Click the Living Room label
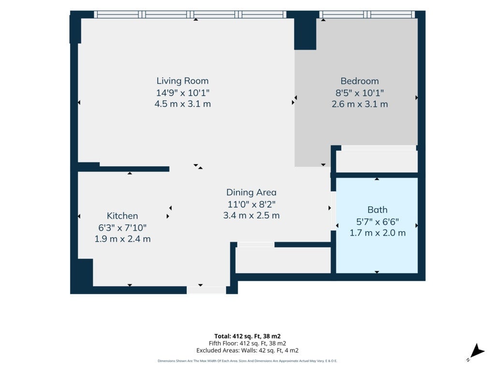pos(182,81)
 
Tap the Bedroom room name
pos(360,81)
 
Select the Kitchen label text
pos(122,216)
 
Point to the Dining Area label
pos(251,192)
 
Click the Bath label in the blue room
pos(377,210)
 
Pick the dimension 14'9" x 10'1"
pos(183,93)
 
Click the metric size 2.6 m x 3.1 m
pos(360,104)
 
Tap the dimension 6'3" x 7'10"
pos(122,228)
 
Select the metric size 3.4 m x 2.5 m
pos(251,215)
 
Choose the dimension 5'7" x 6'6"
pos(377,222)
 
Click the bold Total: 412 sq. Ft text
pos(247,336)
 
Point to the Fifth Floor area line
pos(247,343)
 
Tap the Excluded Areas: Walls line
pos(247,351)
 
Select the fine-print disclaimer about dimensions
pos(247,361)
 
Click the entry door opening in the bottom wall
pos(206,290)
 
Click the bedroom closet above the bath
pos(377,161)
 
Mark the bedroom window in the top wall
pos(367,14)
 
